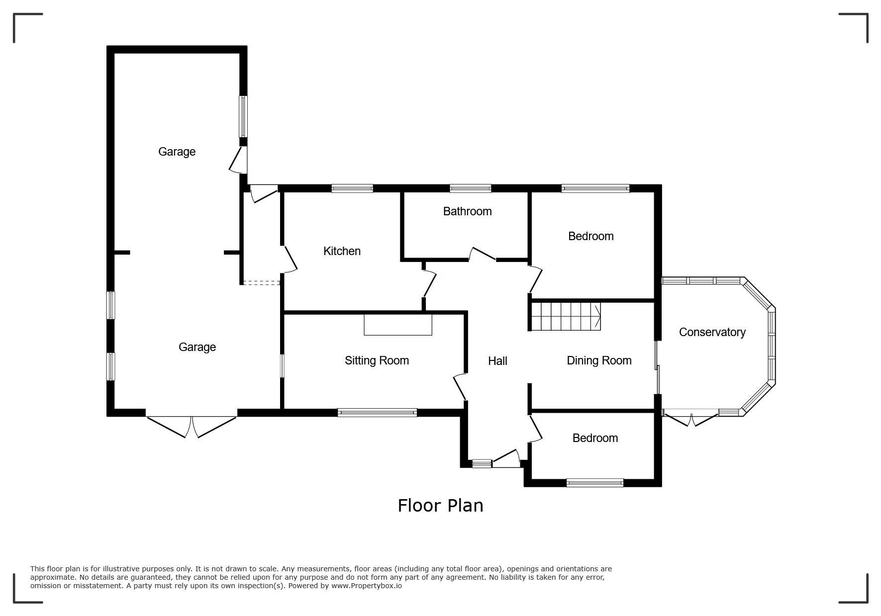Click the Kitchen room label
click(342, 251)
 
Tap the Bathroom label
click(467, 211)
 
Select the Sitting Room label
click(377, 361)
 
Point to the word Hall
click(497, 361)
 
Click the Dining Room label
click(599, 361)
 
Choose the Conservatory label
click(712, 332)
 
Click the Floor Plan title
click(440, 506)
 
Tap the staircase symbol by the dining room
click(566, 316)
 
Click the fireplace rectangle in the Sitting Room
click(398, 324)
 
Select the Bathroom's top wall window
click(471, 188)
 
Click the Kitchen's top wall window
click(352, 188)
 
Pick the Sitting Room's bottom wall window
click(377, 412)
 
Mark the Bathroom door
click(483, 254)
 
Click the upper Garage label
click(177, 152)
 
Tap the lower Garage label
click(197, 347)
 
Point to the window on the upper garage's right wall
click(243, 116)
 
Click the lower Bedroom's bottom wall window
click(594, 482)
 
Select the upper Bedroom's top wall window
click(595, 188)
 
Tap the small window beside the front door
click(482, 464)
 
